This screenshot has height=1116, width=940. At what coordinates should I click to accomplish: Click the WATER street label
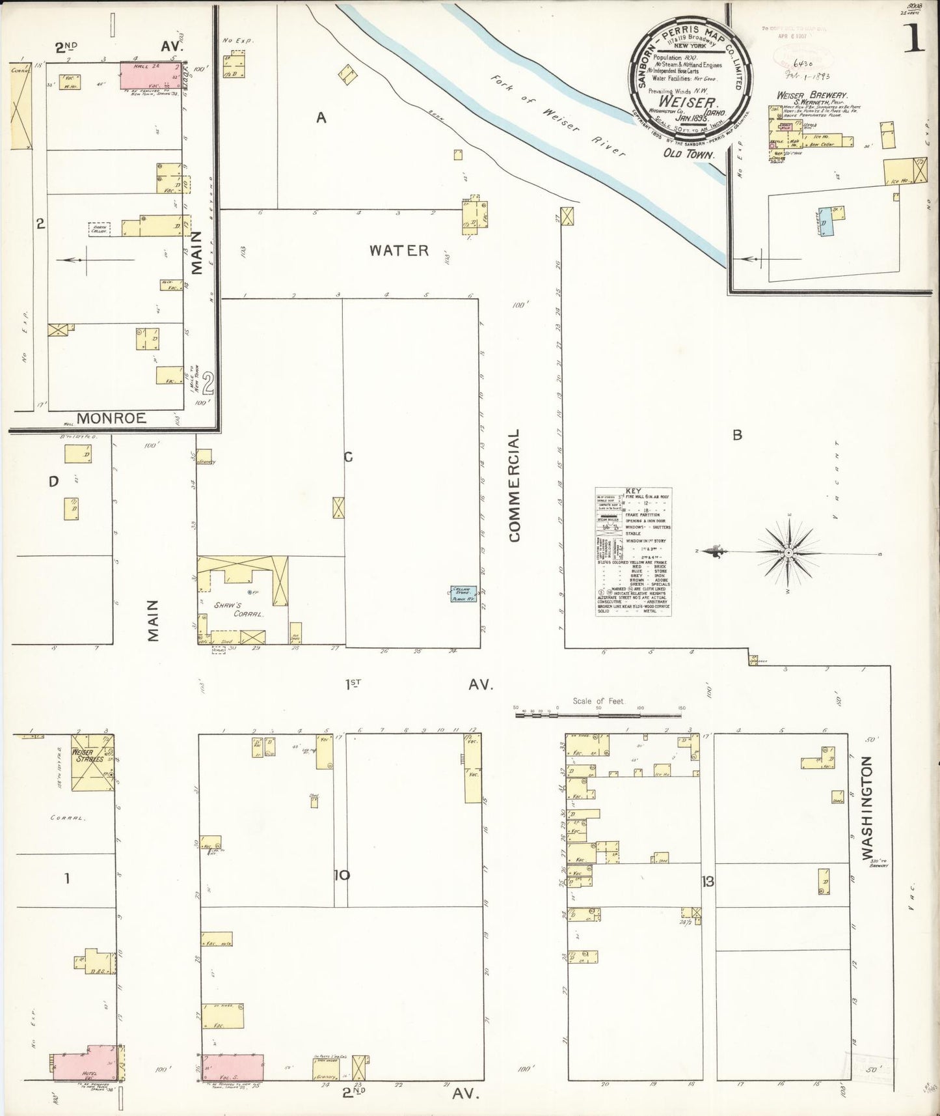399,251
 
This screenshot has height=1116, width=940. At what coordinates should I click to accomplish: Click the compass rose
788,552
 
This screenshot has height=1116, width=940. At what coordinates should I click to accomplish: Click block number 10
342,875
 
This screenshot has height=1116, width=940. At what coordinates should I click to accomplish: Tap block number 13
708,882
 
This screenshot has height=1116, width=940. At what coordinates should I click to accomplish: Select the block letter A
320,117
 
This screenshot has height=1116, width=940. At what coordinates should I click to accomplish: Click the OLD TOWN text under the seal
688,154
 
